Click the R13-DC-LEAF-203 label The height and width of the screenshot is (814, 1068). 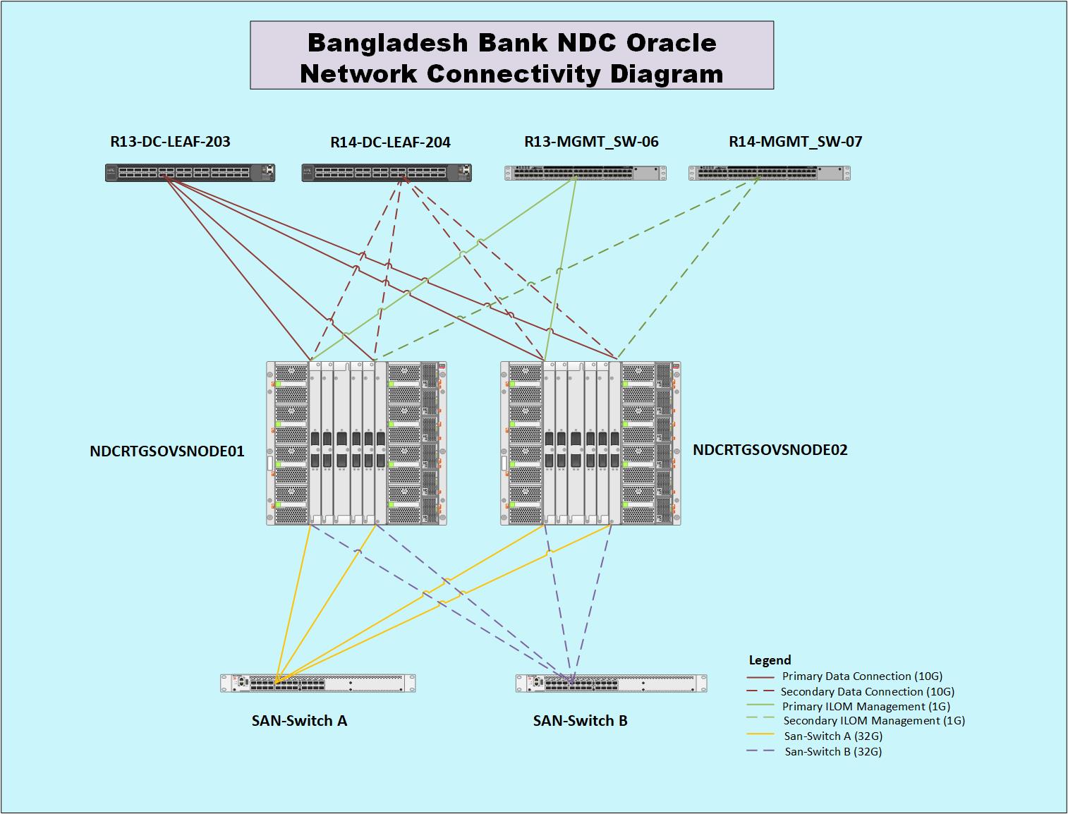point(170,142)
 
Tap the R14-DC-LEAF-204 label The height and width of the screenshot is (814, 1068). point(390,142)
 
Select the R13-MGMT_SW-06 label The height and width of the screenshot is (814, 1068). point(591,142)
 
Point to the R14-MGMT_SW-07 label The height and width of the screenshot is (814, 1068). point(795,142)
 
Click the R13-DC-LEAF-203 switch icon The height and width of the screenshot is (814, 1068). point(190,173)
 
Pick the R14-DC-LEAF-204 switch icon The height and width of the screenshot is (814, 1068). point(387,173)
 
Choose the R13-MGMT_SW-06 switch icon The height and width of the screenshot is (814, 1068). point(585,173)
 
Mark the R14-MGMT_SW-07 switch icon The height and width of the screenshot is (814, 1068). point(769,173)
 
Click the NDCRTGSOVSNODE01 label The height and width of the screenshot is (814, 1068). point(167,451)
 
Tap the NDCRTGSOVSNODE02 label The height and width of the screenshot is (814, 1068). point(770,449)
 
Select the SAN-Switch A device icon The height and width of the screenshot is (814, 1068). point(317,683)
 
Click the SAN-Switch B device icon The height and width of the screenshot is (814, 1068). point(611,683)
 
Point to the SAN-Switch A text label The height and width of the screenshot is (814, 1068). point(299,721)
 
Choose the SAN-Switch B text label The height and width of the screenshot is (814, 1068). point(580,721)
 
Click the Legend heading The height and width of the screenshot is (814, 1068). point(770,660)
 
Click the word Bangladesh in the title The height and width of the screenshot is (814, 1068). point(388,43)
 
